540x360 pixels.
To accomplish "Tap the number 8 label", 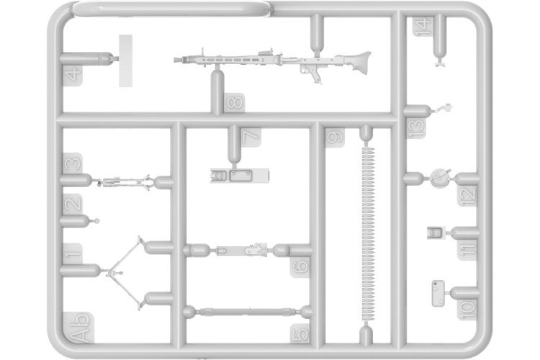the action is pyautogui.click(x=235, y=103).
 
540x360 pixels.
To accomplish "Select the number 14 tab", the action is pyautogui.click(x=423, y=26).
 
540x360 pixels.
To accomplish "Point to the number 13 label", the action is pyautogui.click(x=416, y=128).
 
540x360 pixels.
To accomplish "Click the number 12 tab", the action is pyautogui.click(x=467, y=196).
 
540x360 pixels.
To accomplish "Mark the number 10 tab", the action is pyautogui.click(x=467, y=310).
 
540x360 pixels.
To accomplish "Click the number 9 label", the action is pyautogui.click(x=335, y=138).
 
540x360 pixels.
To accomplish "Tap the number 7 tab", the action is pyautogui.click(x=251, y=137).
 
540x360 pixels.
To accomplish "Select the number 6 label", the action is pyautogui.click(x=300, y=267).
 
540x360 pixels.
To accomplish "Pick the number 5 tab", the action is pyautogui.click(x=300, y=333).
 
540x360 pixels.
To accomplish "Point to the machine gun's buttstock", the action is pyautogui.click(x=359, y=63).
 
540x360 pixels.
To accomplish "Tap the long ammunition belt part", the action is pyautogui.click(x=367, y=234).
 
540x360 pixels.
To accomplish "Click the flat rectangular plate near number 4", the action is pyautogui.click(x=126, y=60).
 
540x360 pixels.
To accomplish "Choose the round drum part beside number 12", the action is pyautogui.click(x=440, y=178).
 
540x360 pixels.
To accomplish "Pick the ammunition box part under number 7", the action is pyautogui.click(x=240, y=176).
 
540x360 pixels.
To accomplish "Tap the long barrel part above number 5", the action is pyautogui.click(x=248, y=312).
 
